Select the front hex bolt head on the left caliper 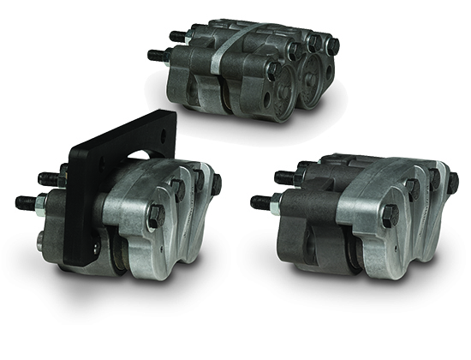tap(156, 215)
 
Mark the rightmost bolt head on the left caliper tap(215, 183)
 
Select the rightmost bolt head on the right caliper tap(453, 182)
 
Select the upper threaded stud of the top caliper tap(176, 36)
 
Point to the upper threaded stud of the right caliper tap(283, 178)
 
